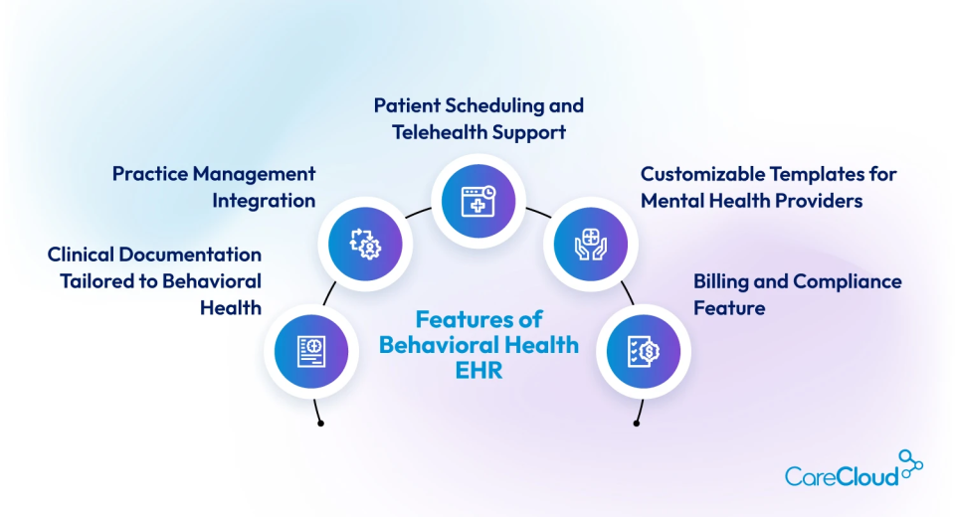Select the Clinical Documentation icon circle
(x=311, y=349)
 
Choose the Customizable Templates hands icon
(x=589, y=242)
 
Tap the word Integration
(x=264, y=200)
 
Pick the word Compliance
(x=849, y=281)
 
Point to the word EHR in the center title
(x=479, y=371)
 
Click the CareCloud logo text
(x=841, y=476)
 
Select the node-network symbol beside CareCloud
(x=910, y=463)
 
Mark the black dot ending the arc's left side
(x=320, y=424)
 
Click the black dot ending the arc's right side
(x=637, y=424)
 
